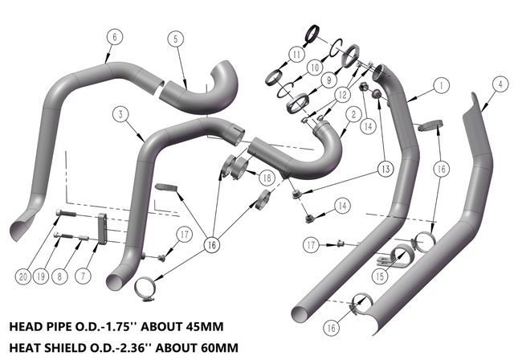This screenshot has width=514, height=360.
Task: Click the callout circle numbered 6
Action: [114, 37]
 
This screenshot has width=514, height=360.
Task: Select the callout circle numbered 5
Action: [175, 39]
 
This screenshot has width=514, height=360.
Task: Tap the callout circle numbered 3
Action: [121, 114]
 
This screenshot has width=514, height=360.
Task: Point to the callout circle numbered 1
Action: [441, 85]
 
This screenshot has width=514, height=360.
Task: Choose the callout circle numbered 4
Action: [500, 84]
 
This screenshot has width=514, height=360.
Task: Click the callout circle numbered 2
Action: [353, 114]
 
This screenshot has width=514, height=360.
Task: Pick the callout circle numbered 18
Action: [267, 178]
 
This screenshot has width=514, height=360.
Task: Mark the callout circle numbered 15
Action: [380, 276]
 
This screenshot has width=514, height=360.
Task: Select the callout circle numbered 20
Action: [23, 277]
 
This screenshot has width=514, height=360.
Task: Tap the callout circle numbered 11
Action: [296, 54]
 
